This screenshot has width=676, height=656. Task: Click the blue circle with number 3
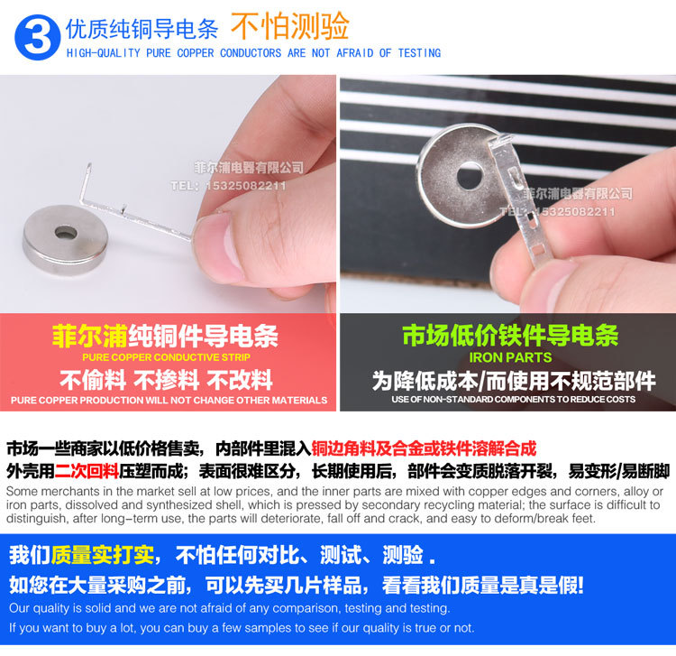(37, 37)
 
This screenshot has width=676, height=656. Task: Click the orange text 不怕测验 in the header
(289, 27)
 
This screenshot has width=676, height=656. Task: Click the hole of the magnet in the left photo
(66, 233)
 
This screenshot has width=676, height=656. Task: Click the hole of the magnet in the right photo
(469, 174)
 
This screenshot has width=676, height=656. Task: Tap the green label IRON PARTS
(510, 357)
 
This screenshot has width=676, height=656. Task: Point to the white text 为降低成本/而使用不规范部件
(510, 380)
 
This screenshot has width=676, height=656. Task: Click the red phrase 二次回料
(87, 470)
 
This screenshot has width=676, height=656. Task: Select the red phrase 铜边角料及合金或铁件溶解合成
(424, 448)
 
